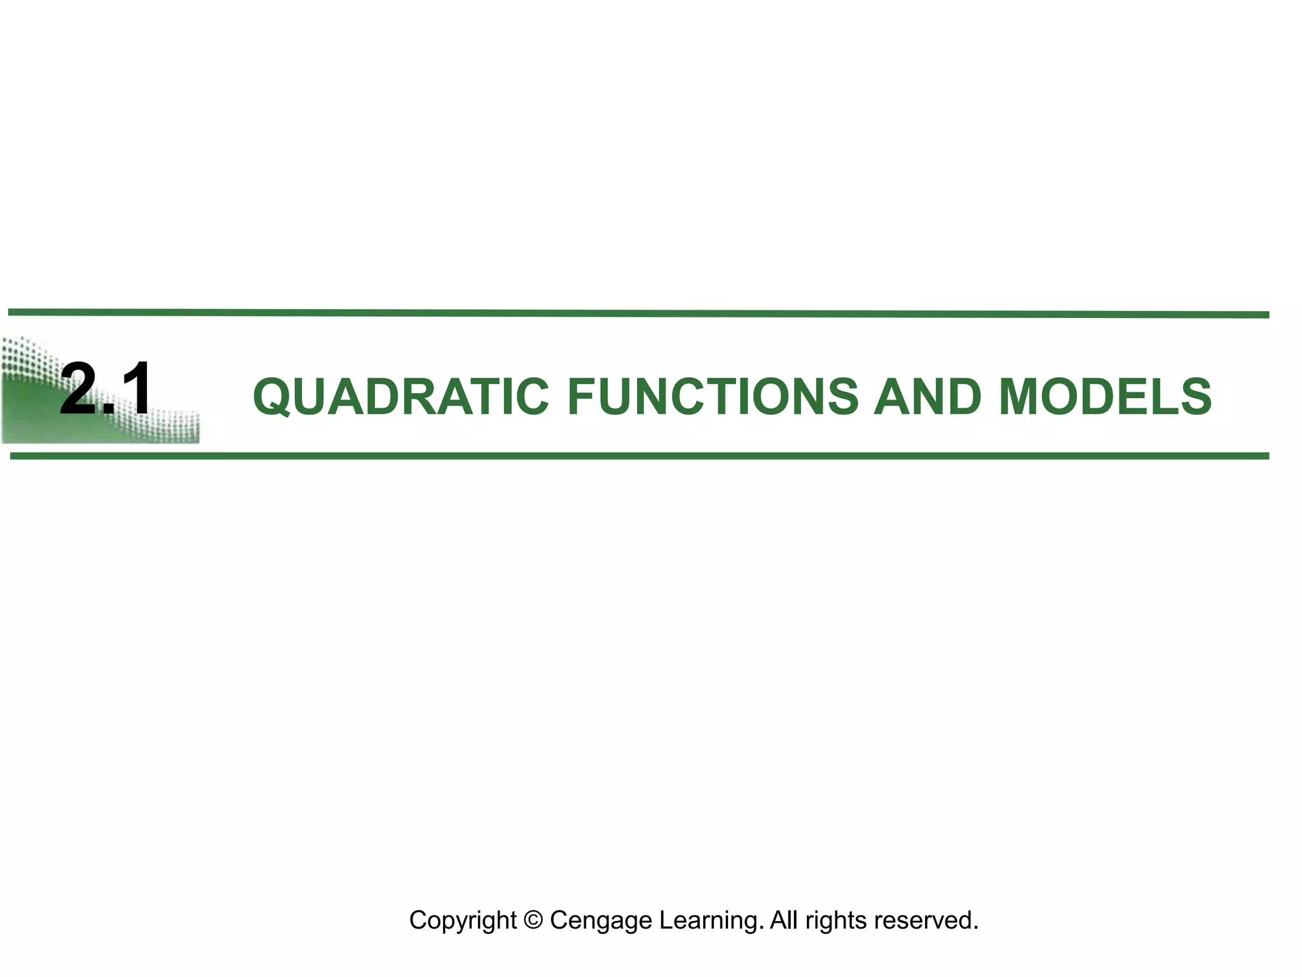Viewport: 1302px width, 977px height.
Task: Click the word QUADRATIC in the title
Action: coord(401,396)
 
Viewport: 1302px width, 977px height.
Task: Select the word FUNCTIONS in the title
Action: coord(712,396)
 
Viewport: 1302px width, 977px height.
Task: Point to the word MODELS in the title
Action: coord(1105,396)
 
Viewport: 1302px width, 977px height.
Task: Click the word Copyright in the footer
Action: coord(463,920)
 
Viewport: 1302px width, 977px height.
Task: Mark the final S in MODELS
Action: coord(1195,396)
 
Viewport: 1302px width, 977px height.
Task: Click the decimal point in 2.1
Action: coord(107,410)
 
